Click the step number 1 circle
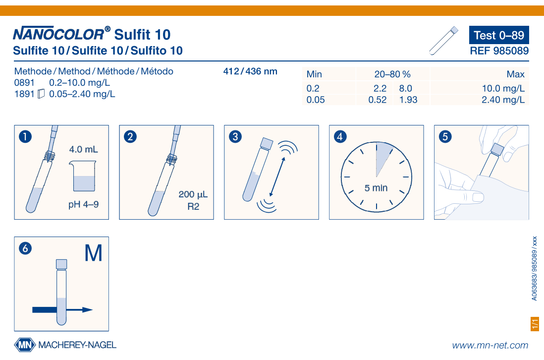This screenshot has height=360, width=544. pyautogui.click(x=25, y=136)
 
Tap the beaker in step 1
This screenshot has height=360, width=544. pyautogui.click(x=83, y=176)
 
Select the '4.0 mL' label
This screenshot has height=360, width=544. pyautogui.click(x=83, y=150)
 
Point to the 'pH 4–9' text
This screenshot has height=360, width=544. pyautogui.click(x=83, y=204)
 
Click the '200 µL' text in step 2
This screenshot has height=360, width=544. pyautogui.click(x=193, y=194)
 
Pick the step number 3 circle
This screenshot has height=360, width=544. pyautogui.click(x=235, y=136)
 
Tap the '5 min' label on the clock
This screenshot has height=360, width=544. pyautogui.click(x=376, y=188)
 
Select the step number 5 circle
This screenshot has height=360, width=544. pyautogui.click(x=445, y=136)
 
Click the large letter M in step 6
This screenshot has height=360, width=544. pyautogui.click(x=93, y=253)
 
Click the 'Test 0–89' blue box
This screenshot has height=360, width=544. pyautogui.click(x=499, y=35)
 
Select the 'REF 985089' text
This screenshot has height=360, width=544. pyautogui.click(x=499, y=51)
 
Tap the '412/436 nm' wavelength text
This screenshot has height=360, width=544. pyautogui.click(x=250, y=71)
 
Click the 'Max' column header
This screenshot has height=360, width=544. pyautogui.click(x=516, y=74)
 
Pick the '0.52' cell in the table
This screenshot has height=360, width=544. pyautogui.click(x=378, y=100)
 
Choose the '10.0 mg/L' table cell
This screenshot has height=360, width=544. pyautogui.click(x=503, y=89)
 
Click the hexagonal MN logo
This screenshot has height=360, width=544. pyautogui.click(x=25, y=345)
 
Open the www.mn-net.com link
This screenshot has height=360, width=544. pyautogui.click(x=490, y=346)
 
